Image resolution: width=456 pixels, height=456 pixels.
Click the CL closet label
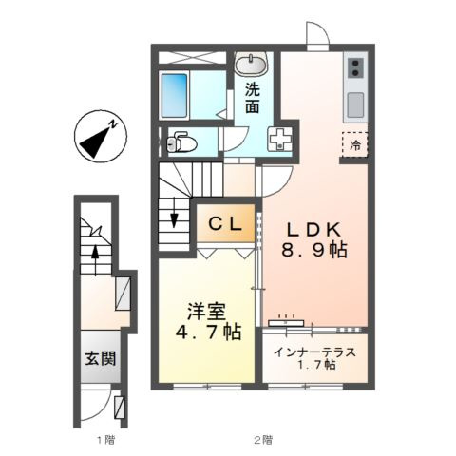tap(226, 225)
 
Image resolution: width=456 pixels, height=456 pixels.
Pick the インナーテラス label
tap(314, 352)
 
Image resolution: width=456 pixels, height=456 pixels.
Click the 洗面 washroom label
tap(253, 99)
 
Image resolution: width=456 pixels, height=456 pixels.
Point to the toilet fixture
tap(180, 144)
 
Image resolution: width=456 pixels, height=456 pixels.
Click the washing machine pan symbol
tap(281, 139)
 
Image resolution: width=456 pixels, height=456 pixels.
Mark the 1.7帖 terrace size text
tap(314, 366)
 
